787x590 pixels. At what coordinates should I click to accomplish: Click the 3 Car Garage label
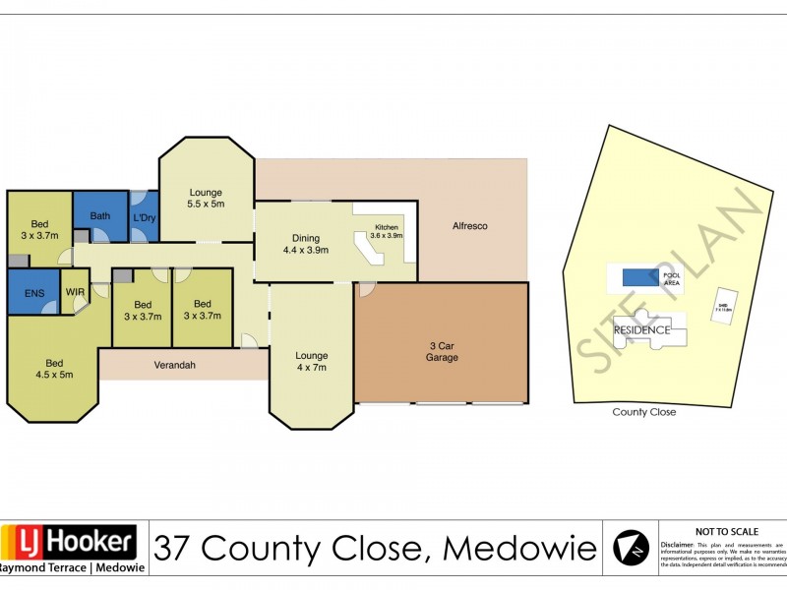point(443,351)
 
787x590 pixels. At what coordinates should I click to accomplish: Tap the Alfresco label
point(469,226)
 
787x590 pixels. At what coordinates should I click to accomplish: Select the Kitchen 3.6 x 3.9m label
point(385,235)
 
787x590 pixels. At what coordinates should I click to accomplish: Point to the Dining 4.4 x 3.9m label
point(305,243)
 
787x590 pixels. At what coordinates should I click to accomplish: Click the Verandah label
point(175,365)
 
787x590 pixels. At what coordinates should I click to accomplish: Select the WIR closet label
point(76,292)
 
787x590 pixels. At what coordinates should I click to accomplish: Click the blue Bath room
point(99,215)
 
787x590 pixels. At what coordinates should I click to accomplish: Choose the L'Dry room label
point(144,216)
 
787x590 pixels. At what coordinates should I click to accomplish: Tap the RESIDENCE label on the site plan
point(641,330)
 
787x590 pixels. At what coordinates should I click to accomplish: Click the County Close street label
point(643,412)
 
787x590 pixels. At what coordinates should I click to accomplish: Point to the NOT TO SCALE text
point(724,530)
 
